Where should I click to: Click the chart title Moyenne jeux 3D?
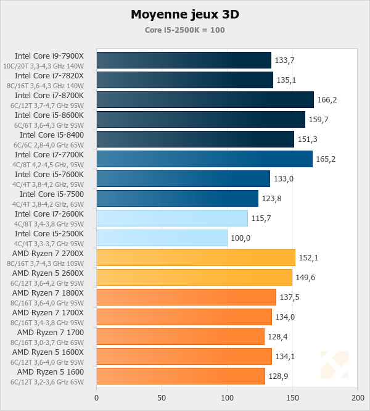(184, 14)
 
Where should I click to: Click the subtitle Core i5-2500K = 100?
(184, 30)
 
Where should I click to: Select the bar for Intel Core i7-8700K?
(205, 99)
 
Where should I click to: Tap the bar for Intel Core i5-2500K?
(162, 238)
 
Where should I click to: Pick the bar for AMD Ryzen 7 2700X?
(195, 257)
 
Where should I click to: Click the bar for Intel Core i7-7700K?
(204, 159)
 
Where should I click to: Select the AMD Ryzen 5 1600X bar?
(184, 356)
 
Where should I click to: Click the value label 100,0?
(240, 238)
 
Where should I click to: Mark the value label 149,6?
(305, 277)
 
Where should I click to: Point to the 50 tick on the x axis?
(162, 398)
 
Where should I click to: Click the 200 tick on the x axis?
(357, 398)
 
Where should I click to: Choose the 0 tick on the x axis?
(97, 398)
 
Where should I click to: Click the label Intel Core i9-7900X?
(49, 56)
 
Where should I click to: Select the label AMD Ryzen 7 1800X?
(48, 293)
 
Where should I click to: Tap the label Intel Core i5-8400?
(52, 135)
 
